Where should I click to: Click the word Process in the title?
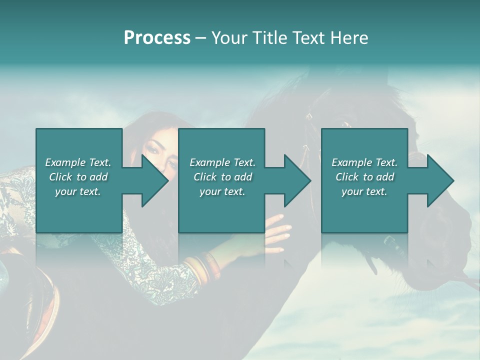tap(157, 38)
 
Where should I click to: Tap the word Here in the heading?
tap(348, 38)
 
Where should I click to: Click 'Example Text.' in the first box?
tap(78, 162)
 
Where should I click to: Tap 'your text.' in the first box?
tap(78, 191)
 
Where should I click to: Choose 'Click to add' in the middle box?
tap(222, 176)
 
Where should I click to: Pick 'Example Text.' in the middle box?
tap(222, 162)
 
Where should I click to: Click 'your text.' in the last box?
tap(364, 191)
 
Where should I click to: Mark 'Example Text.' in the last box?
tap(364, 162)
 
